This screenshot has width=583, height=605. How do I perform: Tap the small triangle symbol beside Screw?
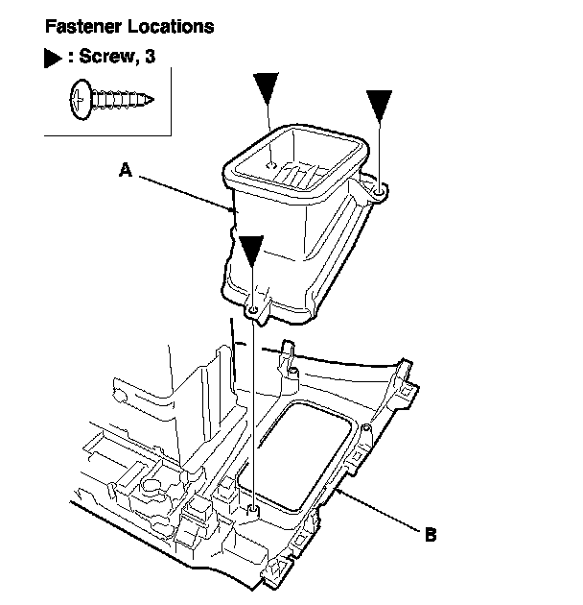[x=53, y=59]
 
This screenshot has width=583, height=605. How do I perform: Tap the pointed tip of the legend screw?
[x=152, y=97]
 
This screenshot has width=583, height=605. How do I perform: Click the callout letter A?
[x=125, y=171]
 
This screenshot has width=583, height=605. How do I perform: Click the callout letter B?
[x=431, y=534]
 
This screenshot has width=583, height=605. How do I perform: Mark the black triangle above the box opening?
[x=268, y=88]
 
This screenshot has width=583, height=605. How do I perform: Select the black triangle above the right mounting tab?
[x=380, y=103]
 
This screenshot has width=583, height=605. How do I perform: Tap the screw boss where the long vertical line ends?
[x=251, y=508]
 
